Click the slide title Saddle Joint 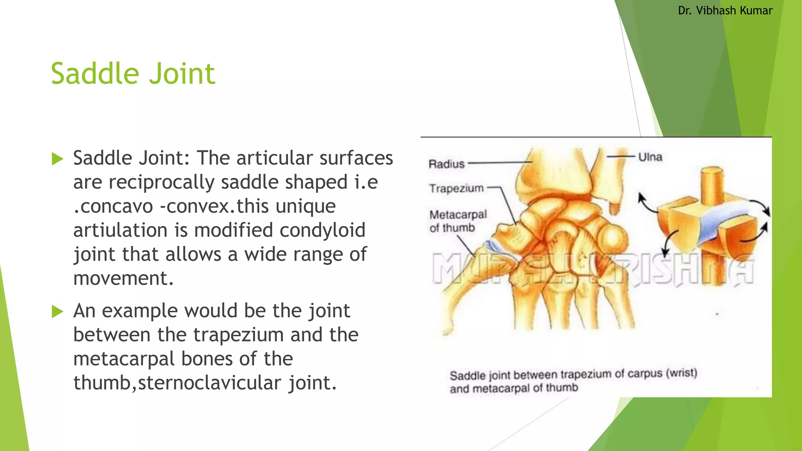click(x=133, y=74)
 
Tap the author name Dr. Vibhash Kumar click(x=725, y=11)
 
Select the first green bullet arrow click(x=57, y=159)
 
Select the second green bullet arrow click(x=57, y=312)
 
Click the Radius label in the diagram click(x=446, y=164)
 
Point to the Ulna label click(x=650, y=157)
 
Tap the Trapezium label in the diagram click(x=456, y=188)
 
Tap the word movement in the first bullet click(x=123, y=278)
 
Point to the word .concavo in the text click(x=113, y=206)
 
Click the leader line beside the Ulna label click(x=621, y=157)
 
